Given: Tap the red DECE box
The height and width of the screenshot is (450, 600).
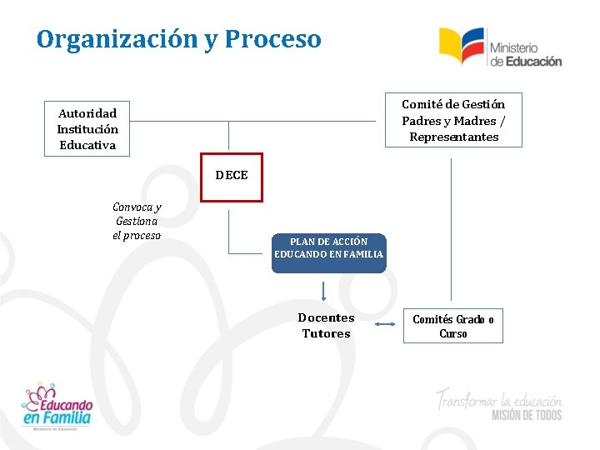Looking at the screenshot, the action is coord(231,177).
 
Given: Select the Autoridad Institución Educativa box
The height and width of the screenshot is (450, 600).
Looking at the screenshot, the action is coord(87,129).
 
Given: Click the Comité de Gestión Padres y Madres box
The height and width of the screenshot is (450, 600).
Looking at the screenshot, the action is coord(453,120).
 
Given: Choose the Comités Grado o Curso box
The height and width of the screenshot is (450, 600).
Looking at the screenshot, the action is coord(453,326).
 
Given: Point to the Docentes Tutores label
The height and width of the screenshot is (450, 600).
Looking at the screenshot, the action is coord(326,326).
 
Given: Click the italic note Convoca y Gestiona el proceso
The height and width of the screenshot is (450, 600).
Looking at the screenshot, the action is coord(137,221).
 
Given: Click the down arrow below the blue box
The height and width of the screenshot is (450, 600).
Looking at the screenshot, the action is coord(323,291).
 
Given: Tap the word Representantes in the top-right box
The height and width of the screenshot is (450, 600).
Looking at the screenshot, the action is coord(454,137).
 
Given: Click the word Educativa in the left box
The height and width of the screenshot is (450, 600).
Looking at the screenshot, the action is coord(87,145).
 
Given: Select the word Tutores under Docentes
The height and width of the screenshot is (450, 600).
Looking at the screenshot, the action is coord(326,333).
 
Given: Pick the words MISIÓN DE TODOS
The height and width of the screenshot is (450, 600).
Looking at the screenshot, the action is coord(527,415).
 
